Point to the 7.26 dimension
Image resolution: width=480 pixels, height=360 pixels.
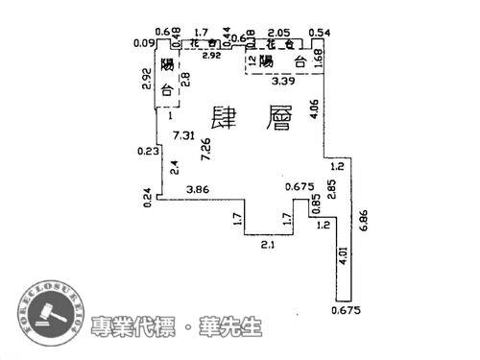point(204,149)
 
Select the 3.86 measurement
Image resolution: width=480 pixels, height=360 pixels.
point(199,189)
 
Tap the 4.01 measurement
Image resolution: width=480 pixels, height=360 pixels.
point(343,257)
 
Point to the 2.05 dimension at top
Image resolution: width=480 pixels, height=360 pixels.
point(280,32)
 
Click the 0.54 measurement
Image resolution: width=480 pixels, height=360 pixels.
point(320,32)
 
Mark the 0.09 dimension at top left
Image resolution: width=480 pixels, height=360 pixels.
point(145,42)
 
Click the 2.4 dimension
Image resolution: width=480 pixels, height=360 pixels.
point(173,167)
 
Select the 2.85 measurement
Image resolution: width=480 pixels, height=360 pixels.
point(331,187)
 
